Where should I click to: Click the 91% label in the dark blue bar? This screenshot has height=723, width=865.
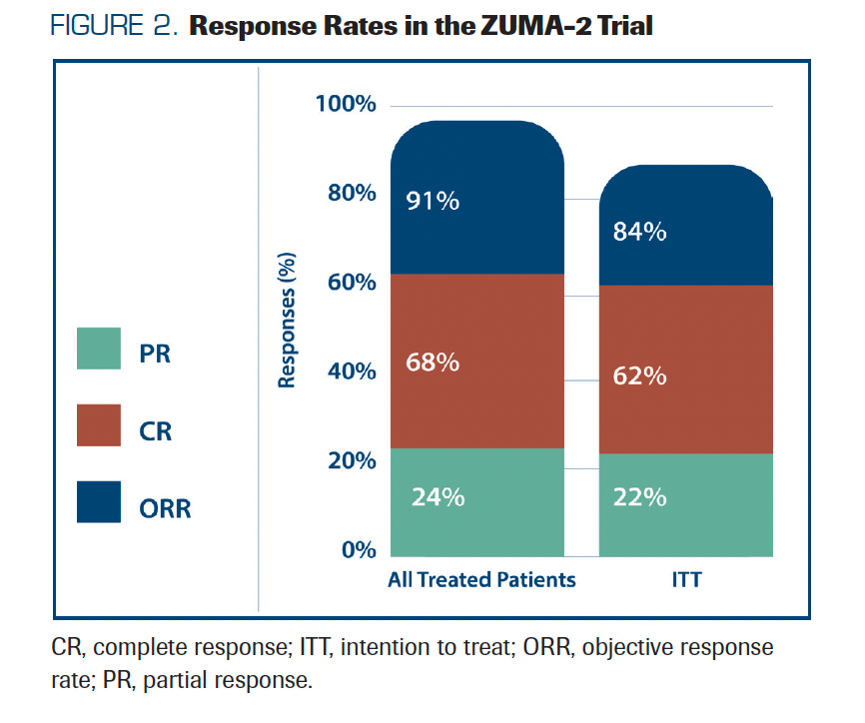pos(432,201)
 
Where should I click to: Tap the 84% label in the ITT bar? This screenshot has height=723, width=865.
pos(640,233)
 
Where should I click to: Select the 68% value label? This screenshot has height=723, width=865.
pos(432,362)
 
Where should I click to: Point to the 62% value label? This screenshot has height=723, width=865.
pos(640,376)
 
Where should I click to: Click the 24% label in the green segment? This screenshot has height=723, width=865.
pos(437,496)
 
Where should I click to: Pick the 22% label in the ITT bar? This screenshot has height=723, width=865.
pos(640,496)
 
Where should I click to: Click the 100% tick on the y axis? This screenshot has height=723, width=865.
pos(345,104)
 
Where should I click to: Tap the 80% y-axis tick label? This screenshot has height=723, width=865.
pos(351,193)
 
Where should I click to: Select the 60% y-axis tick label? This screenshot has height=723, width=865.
pos(351,283)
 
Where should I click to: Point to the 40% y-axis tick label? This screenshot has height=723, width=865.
pos(351,371)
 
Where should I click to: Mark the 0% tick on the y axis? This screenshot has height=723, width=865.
pos(357,550)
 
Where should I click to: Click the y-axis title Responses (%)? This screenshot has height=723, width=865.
pos(288,320)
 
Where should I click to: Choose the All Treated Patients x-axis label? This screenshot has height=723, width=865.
pos(481,580)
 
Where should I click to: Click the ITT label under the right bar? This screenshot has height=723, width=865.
pos(686,580)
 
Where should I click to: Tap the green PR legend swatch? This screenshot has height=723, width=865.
pos(99,349)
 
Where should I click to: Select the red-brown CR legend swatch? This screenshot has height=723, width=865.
pos(99,425)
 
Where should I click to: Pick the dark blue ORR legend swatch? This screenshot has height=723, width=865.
pos(99,502)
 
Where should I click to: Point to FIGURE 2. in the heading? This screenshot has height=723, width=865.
pos(114,26)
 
